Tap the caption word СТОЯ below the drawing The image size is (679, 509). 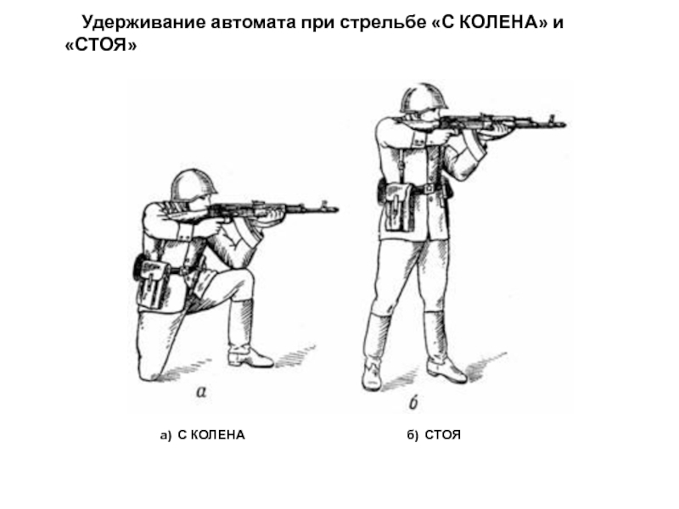pos(442,435)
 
